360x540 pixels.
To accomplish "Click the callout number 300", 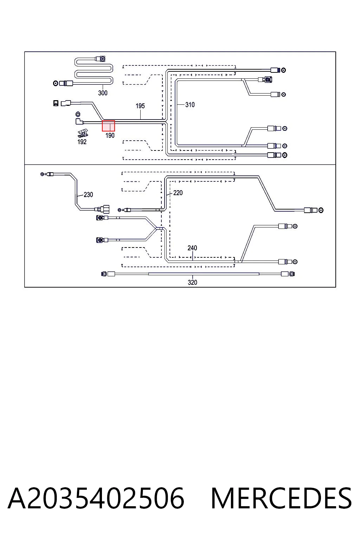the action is (103, 93).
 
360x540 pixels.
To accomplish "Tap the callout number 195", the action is (140, 106).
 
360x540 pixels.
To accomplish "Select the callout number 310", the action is (190, 105).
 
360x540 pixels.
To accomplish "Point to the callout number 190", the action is (110, 135).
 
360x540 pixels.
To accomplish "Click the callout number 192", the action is (82, 142).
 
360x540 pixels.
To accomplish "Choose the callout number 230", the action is (88, 194).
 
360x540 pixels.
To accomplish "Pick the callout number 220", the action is (178, 193).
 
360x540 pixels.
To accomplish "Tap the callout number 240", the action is (192, 248).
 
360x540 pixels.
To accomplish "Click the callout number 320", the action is (192, 282).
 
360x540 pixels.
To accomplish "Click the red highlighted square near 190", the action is (108, 126).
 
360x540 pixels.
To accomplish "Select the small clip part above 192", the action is (83, 134).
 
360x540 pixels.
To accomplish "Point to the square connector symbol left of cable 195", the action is (56, 103).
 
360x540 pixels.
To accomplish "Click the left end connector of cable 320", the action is (108, 274).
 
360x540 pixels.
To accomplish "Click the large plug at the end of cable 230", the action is (104, 209).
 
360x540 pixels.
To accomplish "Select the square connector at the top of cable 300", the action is (101, 59).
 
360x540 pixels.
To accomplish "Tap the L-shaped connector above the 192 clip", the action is (79, 121).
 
